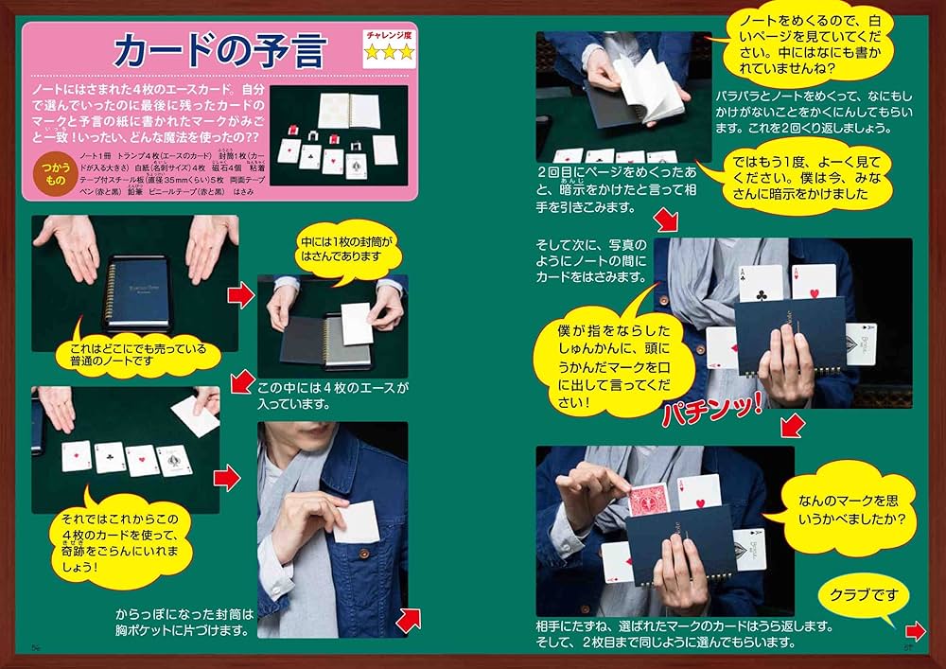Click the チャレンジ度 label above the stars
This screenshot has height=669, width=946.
[x=389, y=35]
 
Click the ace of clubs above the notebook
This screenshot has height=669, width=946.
[x=761, y=282]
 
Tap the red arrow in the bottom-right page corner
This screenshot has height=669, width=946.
[x=915, y=632]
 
